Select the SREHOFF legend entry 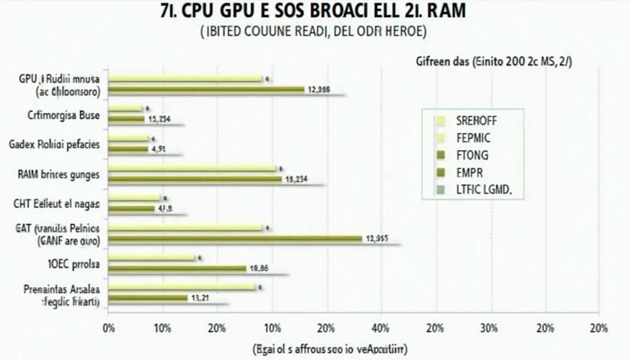[x=476, y=121]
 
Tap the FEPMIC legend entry [x=473, y=138]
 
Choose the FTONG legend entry [x=472, y=155]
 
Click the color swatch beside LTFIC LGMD [x=441, y=190]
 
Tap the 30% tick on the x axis [x=490, y=328]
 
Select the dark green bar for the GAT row [x=235, y=239]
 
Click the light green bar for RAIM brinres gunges [x=192, y=168]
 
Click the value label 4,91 [x=158, y=150]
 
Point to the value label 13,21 [x=199, y=298]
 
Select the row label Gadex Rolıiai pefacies [x=54, y=144]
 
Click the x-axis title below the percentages [x=330, y=349]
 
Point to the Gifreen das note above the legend [x=493, y=63]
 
